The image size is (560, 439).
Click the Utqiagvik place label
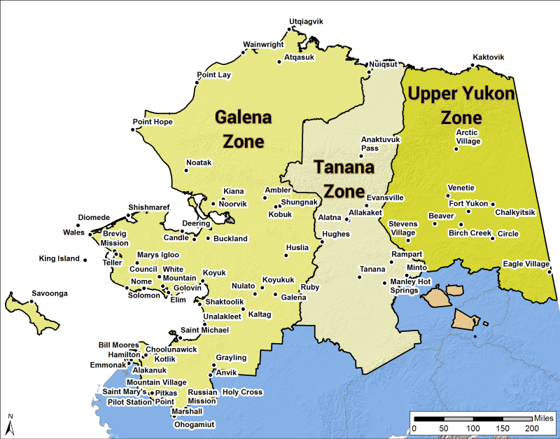[x=306, y=22]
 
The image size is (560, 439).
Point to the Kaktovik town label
[x=488, y=57]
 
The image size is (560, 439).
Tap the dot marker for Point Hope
[x=134, y=130]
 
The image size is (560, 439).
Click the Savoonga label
[x=50, y=293]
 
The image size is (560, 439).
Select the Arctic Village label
[x=468, y=137]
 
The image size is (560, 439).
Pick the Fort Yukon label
[x=468, y=203]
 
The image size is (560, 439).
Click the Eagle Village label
[x=526, y=264]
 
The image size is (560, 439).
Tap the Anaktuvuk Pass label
[x=380, y=144]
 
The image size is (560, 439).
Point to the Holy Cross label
[x=242, y=392]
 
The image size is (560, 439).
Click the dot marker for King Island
[x=85, y=260]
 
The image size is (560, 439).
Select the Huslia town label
[x=297, y=247]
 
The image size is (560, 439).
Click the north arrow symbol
[x=10, y=424]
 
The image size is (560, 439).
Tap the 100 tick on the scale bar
[x=473, y=428]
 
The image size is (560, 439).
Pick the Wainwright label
[x=263, y=45]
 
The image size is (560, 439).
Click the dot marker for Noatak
[x=186, y=170]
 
